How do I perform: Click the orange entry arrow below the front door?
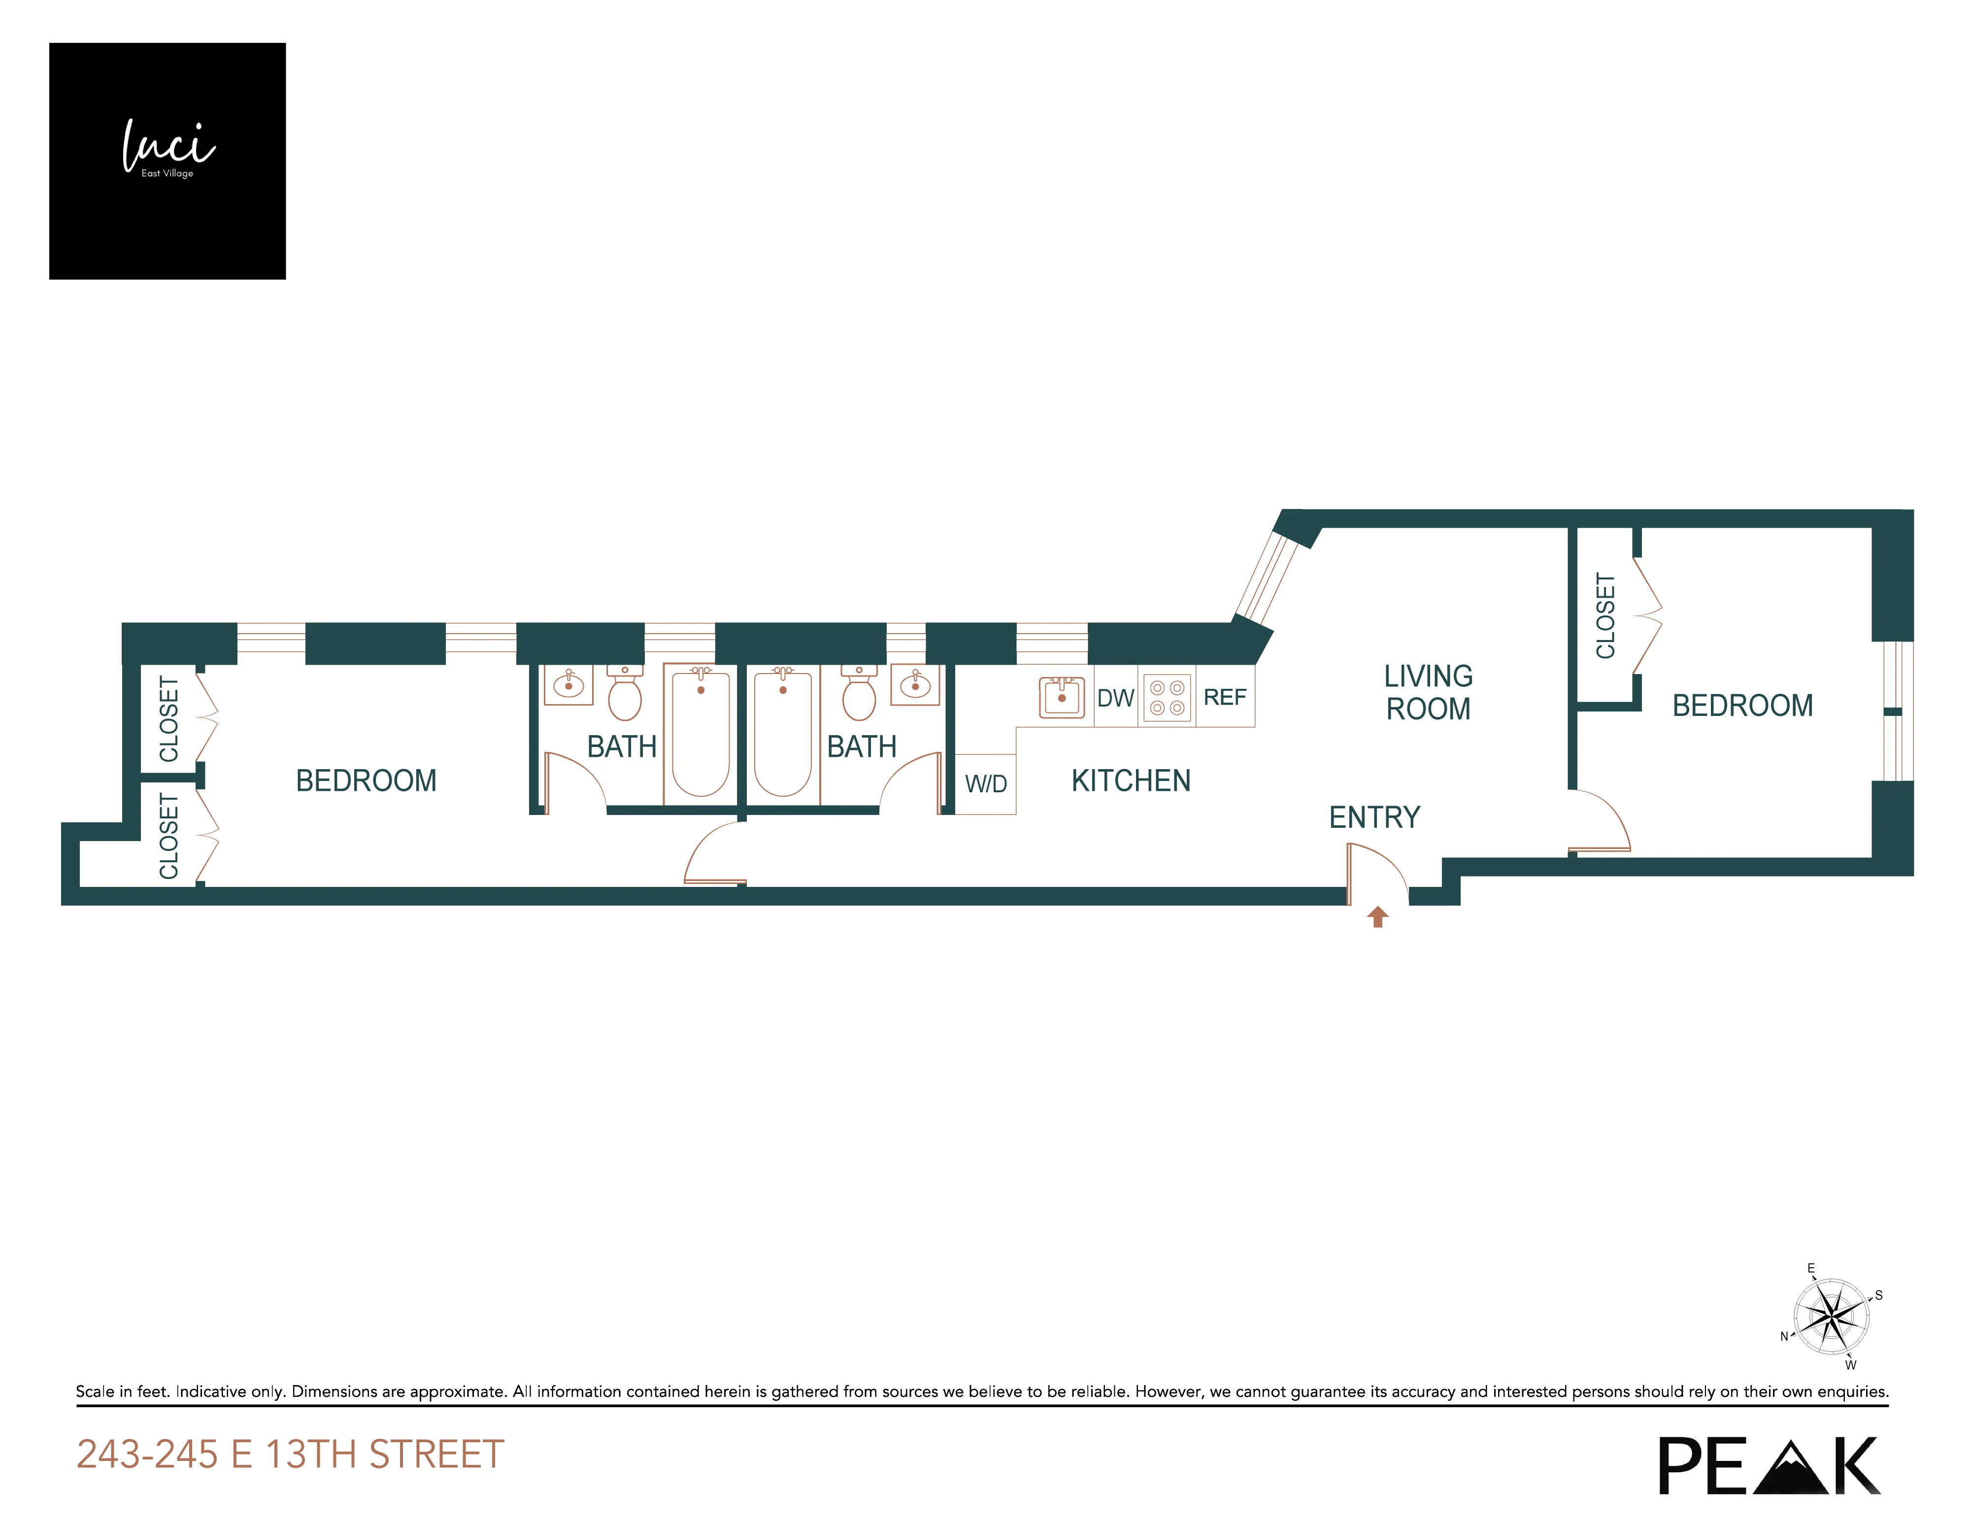coord(1377,917)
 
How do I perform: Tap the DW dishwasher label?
coord(1115,698)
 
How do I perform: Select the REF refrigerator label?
coord(1225,697)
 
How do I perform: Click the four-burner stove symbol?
coord(1167,698)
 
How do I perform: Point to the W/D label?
coord(985,783)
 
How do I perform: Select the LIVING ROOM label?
coord(1428,692)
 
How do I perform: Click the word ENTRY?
coord(1374,817)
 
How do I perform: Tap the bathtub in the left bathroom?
coord(701,731)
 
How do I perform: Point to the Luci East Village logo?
coord(168,161)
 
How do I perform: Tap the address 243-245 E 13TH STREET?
coord(291,1455)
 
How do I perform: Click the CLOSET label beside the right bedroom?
coord(1605,616)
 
